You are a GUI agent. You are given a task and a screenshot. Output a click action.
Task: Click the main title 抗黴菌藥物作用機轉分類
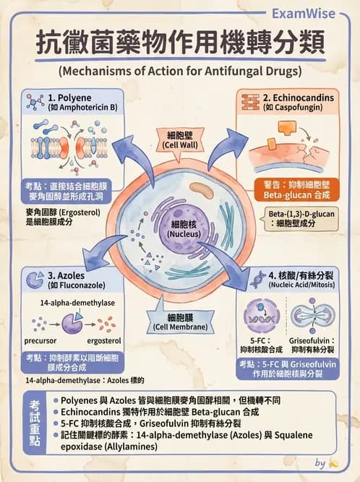[180, 44]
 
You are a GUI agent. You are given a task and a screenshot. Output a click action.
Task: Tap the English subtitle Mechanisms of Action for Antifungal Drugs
[180, 72]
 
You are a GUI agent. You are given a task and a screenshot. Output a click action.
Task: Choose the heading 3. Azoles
[68, 275]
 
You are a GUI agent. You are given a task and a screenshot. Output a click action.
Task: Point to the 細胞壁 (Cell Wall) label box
[181, 139]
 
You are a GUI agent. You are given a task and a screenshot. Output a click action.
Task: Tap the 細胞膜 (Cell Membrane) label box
[181, 322]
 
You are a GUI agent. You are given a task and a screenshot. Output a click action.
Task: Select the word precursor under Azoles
[44, 340]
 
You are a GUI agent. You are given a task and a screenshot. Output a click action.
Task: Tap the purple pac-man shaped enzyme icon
[72, 322]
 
